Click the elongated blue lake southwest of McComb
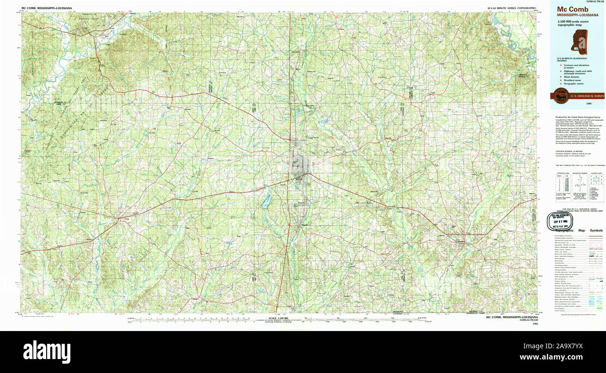pyautogui.click(x=266, y=201)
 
